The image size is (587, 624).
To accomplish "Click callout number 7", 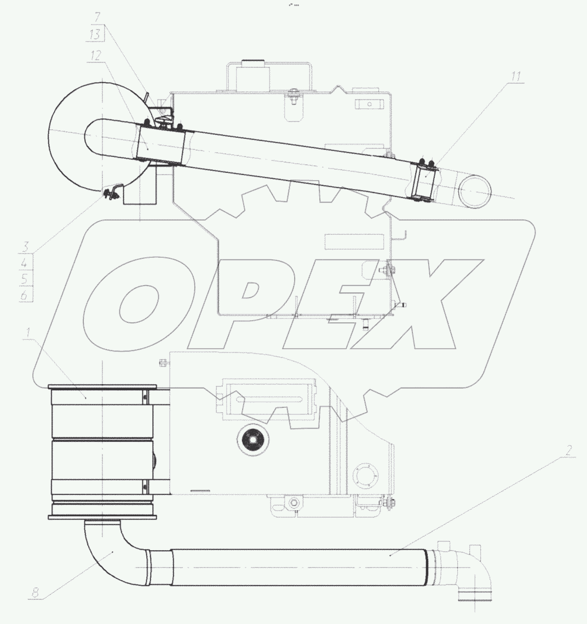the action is (97, 17).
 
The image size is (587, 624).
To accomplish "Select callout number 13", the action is (95, 34).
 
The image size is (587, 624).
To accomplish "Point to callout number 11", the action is (516, 76).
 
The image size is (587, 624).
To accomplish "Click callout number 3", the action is (25, 247).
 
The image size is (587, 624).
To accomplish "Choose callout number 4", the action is (24, 263).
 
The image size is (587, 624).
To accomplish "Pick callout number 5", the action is (24, 279).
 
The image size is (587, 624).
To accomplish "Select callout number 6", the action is (24, 295).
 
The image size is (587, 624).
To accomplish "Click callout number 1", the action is (27, 333).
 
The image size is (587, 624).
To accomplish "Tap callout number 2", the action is (569, 450).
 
